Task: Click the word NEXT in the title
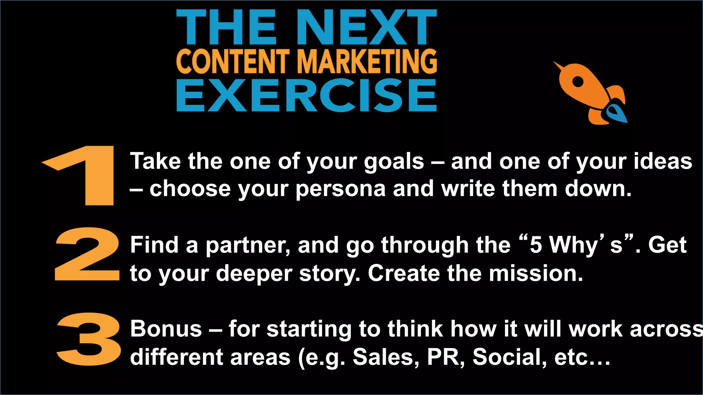(366, 27)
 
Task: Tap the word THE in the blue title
(227, 27)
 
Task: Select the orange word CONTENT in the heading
(233, 61)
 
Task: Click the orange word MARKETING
(367, 61)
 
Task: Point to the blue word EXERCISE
(306, 95)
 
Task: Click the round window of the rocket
(578, 82)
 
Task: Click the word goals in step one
(394, 162)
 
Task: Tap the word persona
(341, 189)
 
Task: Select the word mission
(536, 274)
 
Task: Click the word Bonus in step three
(166, 329)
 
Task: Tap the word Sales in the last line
(386, 357)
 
